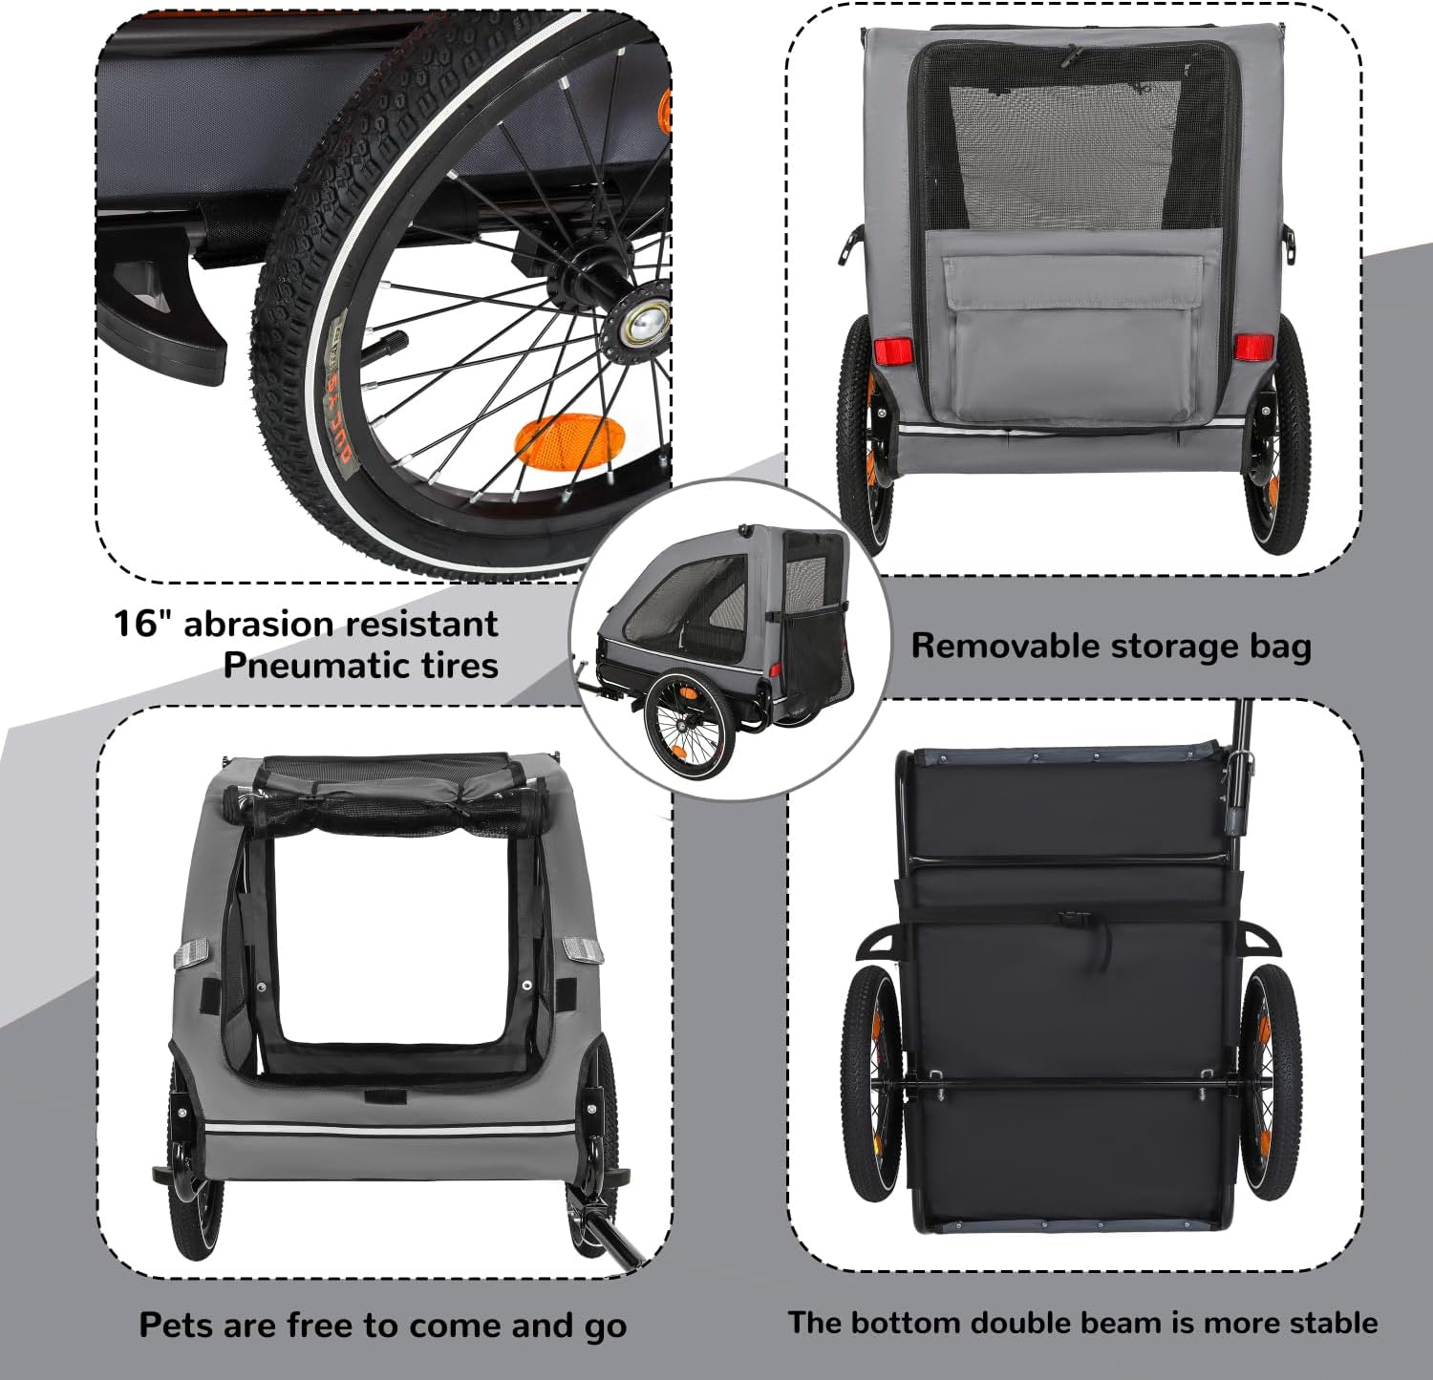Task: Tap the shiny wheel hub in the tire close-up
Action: point(646,322)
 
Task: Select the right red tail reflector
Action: point(1251,347)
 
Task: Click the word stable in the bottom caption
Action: point(1334,1323)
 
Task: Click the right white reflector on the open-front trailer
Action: point(582,950)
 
